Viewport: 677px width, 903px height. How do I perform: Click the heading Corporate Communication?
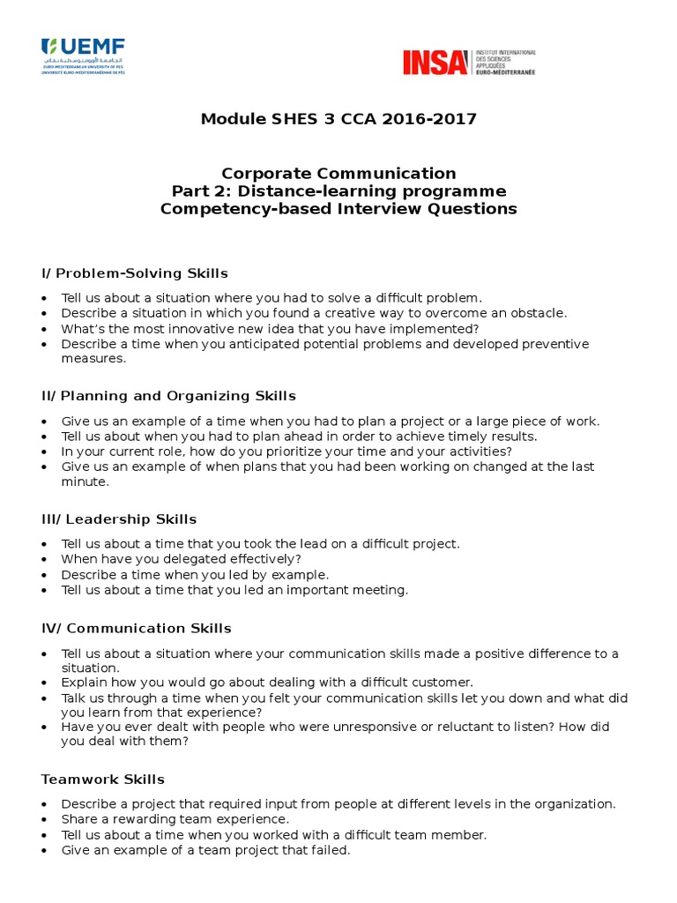(338, 174)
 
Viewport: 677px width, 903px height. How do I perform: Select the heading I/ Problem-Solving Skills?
(135, 273)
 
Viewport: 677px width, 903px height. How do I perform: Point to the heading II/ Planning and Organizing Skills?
(168, 396)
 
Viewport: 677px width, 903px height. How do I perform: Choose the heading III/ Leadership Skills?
(119, 519)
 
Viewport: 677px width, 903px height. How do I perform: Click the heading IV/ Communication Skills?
(137, 628)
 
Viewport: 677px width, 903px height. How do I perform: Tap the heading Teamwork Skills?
(103, 780)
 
